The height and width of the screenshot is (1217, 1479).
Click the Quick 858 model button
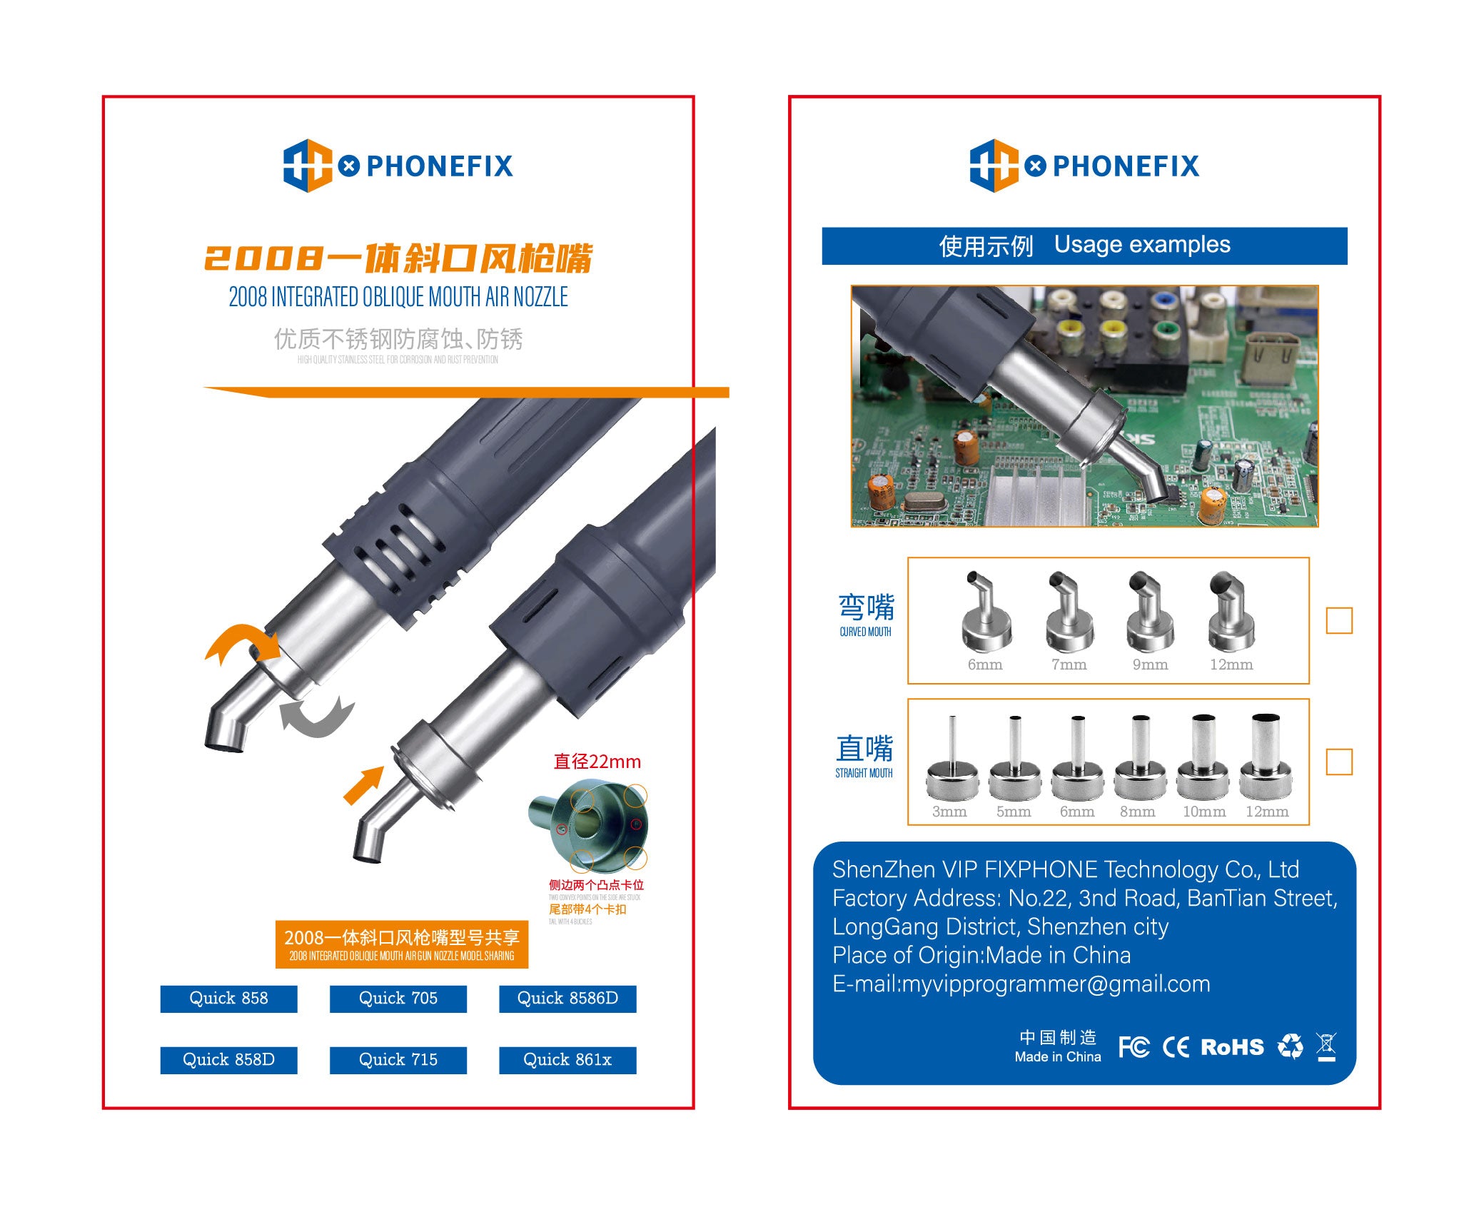pos(228,999)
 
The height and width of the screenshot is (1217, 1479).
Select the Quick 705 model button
pos(398,999)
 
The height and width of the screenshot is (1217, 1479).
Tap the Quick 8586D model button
pos(567,999)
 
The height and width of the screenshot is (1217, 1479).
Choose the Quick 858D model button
pos(228,1060)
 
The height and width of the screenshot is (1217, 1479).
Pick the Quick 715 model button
pos(398,1060)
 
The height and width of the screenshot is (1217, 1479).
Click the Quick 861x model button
pos(567,1060)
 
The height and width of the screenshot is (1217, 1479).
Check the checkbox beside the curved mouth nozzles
pos(1338,620)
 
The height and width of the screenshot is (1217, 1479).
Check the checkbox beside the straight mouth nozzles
pos(1338,762)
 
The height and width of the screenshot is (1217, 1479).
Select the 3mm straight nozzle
pos(951,760)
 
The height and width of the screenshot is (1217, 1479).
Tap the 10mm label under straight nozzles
pos(1203,812)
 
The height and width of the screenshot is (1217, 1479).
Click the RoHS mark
pos(1232,1047)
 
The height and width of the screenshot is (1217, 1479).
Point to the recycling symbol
pos(1290,1046)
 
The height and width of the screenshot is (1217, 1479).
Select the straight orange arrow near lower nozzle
pos(364,785)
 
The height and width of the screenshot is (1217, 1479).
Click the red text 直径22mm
pos(597,762)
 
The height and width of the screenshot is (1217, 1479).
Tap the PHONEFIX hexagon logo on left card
pos(308,166)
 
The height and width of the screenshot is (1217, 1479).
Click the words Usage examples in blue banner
pos(1142,245)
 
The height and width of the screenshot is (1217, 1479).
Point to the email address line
pos(1021,984)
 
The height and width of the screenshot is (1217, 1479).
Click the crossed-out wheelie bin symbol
pos(1326,1047)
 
